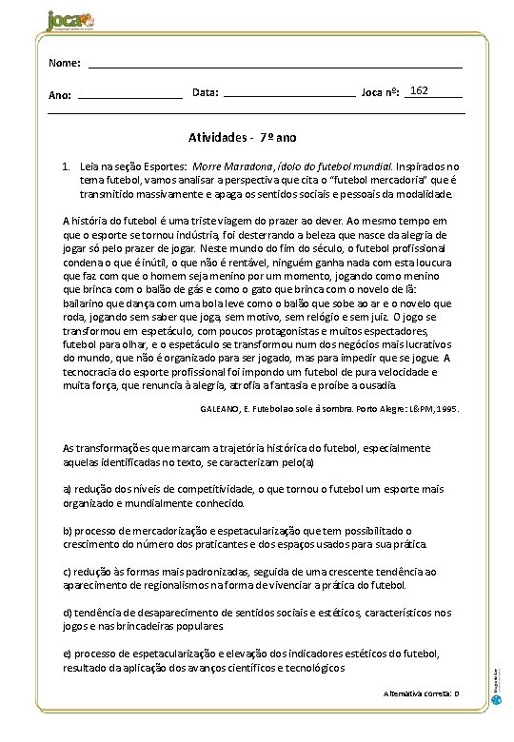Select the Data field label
[x=205, y=92]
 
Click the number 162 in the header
[x=419, y=90]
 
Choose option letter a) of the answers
[x=67, y=488]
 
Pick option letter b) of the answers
[x=67, y=530]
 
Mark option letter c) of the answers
[x=67, y=571]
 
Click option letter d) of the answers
[x=67, y=613]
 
